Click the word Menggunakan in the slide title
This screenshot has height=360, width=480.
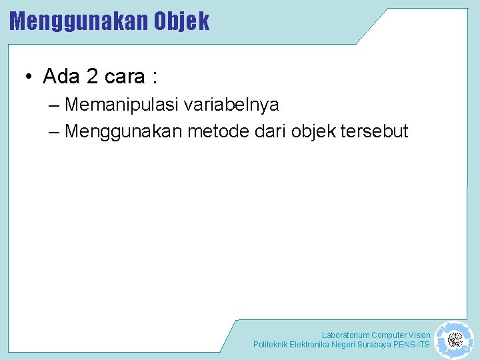(x=79, y=21)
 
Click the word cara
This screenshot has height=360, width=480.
(x=125, y=77)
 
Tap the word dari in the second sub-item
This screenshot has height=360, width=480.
(x=271, y=131)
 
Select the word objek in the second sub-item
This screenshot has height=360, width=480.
(x=313, y=131)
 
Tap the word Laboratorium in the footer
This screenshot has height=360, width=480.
(x=345, y=335)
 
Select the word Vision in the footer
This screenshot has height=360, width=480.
(x=418, y=335)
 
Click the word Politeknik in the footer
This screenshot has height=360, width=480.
(x=270, y=345)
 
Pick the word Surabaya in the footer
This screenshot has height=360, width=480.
(x=375, y=345)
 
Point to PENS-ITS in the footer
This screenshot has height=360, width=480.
(x=413, y=345)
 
